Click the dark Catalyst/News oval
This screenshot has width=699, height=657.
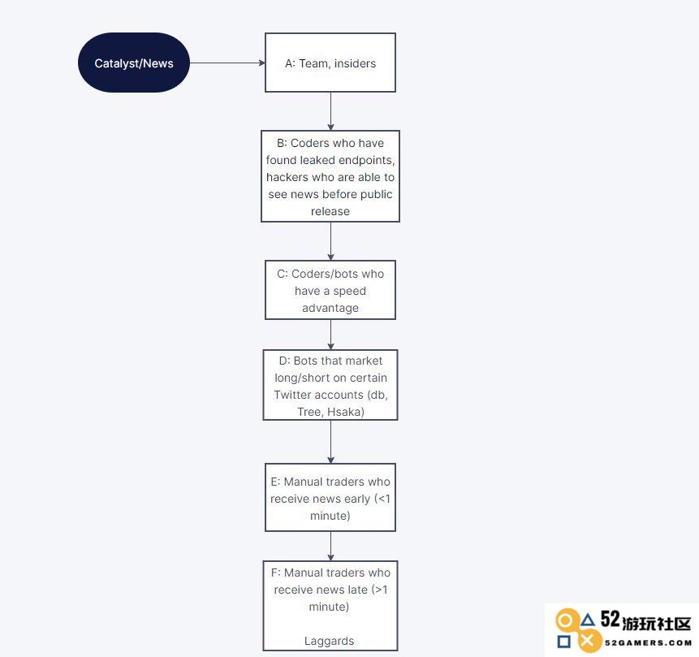pos(134,63)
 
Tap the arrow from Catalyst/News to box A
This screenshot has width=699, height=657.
pos(227,63)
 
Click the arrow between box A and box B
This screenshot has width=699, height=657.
pos(330,111)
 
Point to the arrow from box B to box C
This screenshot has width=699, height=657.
pos(330,241)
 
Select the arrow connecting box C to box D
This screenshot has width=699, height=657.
pos(330,335)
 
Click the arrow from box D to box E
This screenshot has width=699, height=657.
pos(330,442)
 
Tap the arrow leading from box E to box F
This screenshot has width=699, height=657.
pos(330,546)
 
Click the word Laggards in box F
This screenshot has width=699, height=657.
pos(329,641)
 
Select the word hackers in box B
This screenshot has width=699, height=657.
pos(287,177)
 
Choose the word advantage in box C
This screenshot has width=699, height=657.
pos(330,308)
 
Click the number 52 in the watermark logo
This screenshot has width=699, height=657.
pos(611,619)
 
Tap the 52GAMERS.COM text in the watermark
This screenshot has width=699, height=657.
pos(648,642)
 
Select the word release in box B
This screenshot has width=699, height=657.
pos(330,211)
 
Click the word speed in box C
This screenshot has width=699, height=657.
pos(349,291)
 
